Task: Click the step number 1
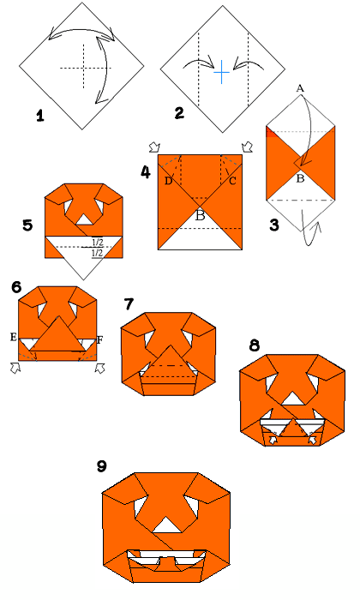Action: tap(40, 116)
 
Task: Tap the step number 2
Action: tap(179, 113)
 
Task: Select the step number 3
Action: tap(274, 225)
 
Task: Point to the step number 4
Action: tap(146, 172)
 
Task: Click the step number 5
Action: tap(27, 225)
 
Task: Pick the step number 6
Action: tap(16, 287)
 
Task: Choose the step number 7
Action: tap(129, 304)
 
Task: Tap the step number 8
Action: tap(255, 345)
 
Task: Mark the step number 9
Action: tap(101, 466)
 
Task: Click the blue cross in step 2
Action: tap(221, 71)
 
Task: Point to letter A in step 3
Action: tap(300, 89)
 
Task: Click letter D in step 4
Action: tap(168, 181)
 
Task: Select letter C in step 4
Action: tap(232, 181)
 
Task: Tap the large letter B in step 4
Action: tap(200, 215)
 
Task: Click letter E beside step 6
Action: tap(14, 337)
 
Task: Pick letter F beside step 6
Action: tap(99, 339)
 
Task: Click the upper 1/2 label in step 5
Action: tap(98, 243)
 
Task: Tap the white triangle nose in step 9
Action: tap(167, 525)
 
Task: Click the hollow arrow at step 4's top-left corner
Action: tap(154, 147)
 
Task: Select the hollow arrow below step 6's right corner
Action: tap(100, 368)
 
